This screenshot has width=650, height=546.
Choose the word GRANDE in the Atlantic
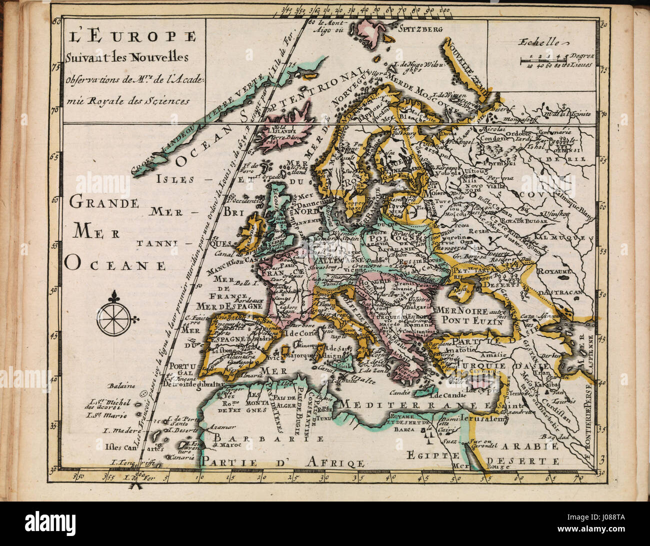pos(103,203)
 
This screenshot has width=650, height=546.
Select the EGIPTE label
pos(432,455)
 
